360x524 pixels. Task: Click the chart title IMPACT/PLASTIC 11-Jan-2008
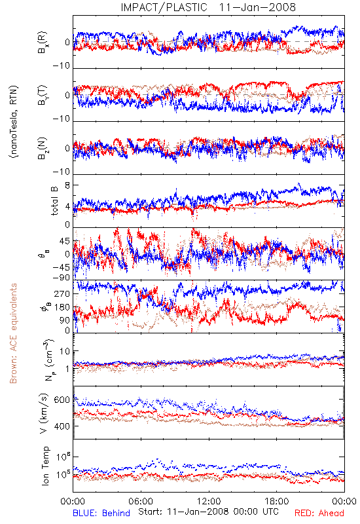208,7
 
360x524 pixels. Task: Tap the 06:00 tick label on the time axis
141,501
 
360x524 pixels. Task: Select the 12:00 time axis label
209,501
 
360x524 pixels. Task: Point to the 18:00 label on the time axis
277,501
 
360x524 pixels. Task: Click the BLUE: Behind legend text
101,513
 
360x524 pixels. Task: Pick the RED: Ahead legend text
319,513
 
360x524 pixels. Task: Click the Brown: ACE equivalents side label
13,333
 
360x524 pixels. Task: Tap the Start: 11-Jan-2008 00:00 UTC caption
208,512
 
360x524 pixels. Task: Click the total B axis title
54,200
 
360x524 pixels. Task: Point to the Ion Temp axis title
45,466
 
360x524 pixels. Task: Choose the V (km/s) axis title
44,413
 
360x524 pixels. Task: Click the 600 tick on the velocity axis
62,400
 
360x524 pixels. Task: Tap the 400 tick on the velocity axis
62,426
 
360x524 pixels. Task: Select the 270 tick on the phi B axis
62,293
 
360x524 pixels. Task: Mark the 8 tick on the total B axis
67,185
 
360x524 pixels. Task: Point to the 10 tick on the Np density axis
65,351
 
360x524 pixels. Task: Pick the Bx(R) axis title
43,43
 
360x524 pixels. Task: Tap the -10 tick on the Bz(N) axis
61,172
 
